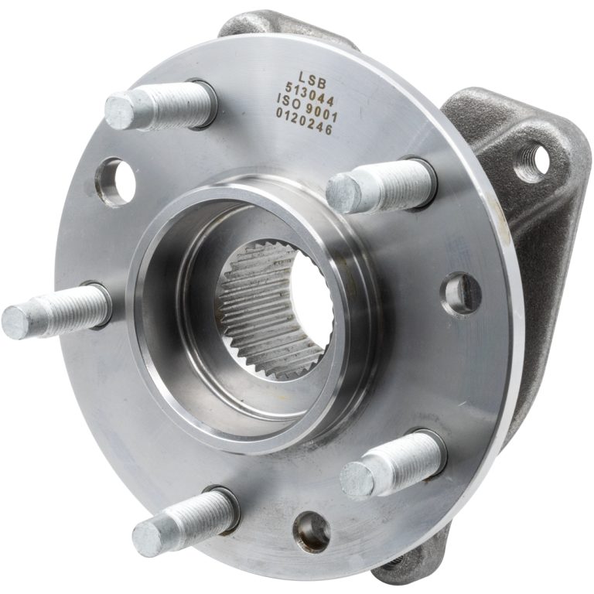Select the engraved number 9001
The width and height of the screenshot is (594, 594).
point(323,112)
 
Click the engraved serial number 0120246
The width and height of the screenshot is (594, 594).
point(304,121)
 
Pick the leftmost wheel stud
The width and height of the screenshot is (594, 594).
point(56,311)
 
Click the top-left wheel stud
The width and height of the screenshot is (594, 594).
point(159,105)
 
